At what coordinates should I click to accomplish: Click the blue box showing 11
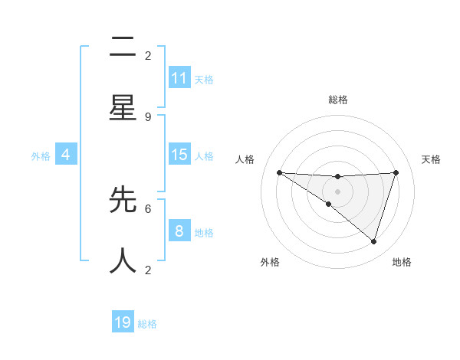179,78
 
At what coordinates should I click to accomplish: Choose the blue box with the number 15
179,155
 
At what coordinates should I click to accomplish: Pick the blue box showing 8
179,231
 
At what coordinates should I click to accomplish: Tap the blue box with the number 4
65,155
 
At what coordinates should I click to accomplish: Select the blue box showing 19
123,322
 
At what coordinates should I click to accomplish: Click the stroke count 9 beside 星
148,116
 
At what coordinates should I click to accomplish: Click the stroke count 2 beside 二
148,55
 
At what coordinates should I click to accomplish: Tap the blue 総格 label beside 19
148,324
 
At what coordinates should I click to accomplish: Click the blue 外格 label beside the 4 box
41,156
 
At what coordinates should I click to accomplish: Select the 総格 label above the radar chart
337,100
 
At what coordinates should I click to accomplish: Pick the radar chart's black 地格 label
402,262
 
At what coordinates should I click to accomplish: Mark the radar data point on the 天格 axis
396,172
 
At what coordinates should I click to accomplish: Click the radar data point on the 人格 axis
279,172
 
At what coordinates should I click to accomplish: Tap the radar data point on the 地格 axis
373,241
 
